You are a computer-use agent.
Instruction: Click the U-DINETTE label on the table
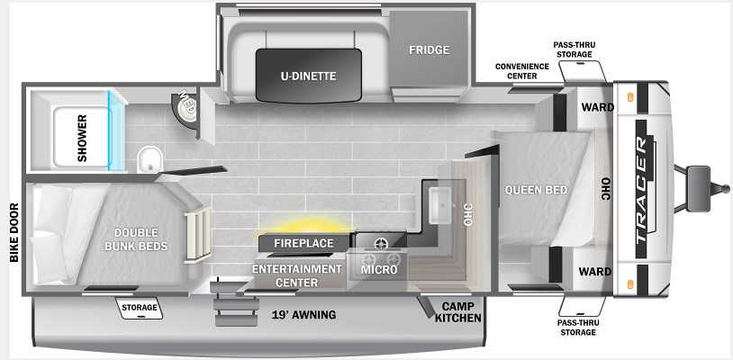pos(308,76)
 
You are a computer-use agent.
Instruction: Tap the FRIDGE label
pos(430,50)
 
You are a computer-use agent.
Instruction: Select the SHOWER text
pos(82,139)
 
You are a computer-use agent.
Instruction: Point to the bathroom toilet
pos(149,158)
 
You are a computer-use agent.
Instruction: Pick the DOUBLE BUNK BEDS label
pos(136,239)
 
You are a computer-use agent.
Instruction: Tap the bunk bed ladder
pos(198,235)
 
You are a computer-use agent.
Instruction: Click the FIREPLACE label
pos(303,243)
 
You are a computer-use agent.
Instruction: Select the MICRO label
pos(378,270)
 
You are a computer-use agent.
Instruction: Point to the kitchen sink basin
pos(440,205)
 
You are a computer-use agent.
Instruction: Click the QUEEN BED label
pos(536,190)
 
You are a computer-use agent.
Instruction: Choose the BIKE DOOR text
pos(14,232)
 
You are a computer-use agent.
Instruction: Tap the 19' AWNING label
pos(303,315)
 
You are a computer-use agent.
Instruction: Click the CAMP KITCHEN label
pos(461,312)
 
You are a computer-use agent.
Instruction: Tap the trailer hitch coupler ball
pos(725,189)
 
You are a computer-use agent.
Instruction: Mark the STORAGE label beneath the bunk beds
pos(140,307)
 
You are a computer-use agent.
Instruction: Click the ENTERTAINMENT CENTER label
pos(297,276)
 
